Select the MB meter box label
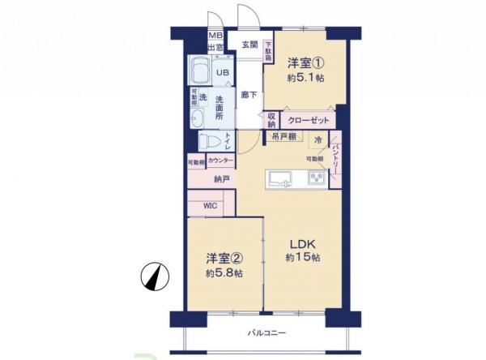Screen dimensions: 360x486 (x=215, y=36)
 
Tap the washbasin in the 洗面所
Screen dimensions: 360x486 (x=197, y=120)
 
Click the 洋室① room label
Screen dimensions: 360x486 (x=303, y=62)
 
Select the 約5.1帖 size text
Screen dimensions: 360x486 (x=304, y=79)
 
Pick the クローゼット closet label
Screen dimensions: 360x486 (x=307, y=120)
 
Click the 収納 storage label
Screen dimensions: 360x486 (x=271, y=120)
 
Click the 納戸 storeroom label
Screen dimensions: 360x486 (x=221, y=180)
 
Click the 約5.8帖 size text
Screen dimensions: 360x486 (x=224, y=273)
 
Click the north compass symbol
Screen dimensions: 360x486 (x=154, y=277)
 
